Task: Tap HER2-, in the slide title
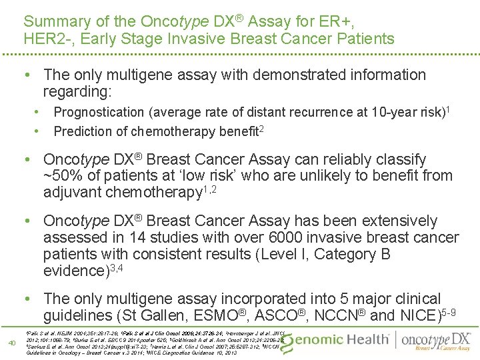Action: pyautogui.click(x=45, y=39)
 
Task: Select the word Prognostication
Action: pyautogui.click(x=101, y=113)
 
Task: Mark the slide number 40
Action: pyautogui.click(x=11, y=343)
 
